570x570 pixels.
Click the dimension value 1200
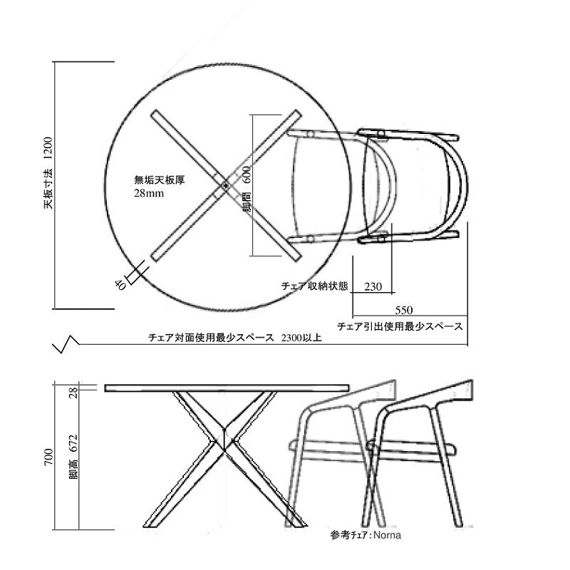point(48,148)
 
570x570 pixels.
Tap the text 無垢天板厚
point(160,180)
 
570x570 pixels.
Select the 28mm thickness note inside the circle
point(149,193)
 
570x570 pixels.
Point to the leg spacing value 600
point(246,175)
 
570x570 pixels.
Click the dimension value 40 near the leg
point(120,285)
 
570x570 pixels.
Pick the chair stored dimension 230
point(373,287)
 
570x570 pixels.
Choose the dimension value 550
point(403,310)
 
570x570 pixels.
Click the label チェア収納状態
point(315,286)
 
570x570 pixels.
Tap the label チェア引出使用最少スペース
point(400,326)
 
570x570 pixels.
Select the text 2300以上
point(301,338)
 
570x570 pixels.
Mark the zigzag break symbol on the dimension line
point(66,343)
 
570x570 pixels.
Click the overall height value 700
point(48,457)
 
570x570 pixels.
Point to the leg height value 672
point(73,443)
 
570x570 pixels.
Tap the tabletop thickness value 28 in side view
point(73,393)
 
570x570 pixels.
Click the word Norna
point(387,535)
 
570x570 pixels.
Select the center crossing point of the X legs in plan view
point(226,185)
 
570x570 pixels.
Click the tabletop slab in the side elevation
point(227,388)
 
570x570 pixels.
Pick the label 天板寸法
point(48,188)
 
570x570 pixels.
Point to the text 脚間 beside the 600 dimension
point(247,202)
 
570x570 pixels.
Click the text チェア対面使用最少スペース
point(211,338)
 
